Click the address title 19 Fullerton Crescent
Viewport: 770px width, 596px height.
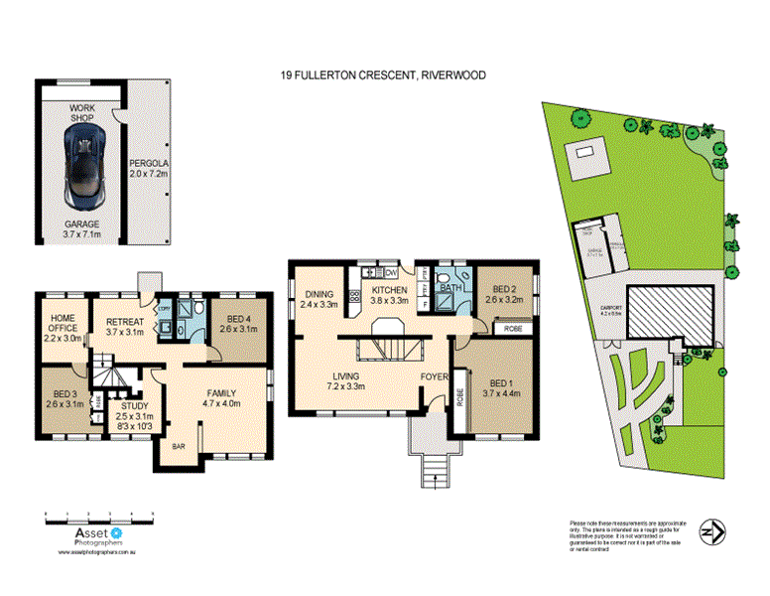(x=382, y=74)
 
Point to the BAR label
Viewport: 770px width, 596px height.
(x=180, y=447)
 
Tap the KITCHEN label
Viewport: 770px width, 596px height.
(x=389, y=289)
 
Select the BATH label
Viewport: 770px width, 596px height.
(x=451, y=289)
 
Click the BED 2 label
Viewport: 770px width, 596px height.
(x=502, y=287)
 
